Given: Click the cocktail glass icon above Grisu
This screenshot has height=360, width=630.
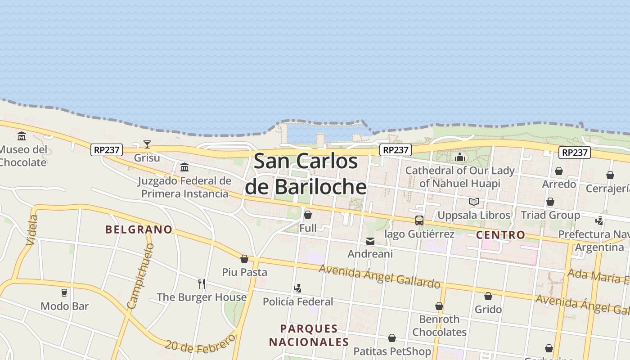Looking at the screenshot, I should coord(147,144).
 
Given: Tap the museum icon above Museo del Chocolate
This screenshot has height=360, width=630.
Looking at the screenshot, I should coord(22,136).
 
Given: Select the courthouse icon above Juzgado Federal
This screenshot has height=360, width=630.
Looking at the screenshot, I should coord(184,167).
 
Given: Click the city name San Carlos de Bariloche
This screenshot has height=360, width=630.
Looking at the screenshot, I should coord(306,174).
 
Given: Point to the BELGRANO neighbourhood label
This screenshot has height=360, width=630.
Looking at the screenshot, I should coord(139,229).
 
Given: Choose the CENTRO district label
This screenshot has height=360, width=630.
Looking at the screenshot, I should coord(500,234).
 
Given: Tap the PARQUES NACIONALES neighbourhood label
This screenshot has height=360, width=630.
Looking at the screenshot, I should coord(309,335).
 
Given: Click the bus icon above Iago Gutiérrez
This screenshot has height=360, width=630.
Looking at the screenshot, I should coord(419,220).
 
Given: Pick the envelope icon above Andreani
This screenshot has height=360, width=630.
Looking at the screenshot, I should coord(370,241).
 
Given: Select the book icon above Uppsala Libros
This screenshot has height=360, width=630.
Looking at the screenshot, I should coord(473,202).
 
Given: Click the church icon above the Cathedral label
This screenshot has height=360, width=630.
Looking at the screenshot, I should coord(459,157).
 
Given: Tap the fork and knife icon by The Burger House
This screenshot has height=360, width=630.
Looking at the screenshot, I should coord(202,283).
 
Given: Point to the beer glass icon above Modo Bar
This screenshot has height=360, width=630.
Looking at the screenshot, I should coord(64,293).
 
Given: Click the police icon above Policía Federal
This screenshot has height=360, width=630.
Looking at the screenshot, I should coord(297,288).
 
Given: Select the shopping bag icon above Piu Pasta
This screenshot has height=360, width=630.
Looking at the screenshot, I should coord(244,259).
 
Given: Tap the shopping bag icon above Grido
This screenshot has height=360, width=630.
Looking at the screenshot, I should coord(488,296).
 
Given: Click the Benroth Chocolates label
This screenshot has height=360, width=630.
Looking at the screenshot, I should coord(439,325).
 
